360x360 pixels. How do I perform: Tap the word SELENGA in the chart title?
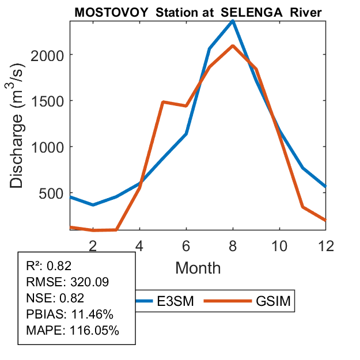(245, 13)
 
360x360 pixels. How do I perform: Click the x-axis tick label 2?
(92, 245)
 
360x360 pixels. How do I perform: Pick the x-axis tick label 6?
(186, 245)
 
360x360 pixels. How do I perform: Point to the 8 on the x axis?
(233, 245)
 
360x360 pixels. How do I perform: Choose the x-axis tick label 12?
(326, 245)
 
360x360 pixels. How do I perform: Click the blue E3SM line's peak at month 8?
(233, 21)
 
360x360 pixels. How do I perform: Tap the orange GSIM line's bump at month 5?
(163, 102)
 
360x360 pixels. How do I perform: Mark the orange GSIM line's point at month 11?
(303, 207)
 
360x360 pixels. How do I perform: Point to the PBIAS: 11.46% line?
(70, 314)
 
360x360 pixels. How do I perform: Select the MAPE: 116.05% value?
(73, 331)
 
